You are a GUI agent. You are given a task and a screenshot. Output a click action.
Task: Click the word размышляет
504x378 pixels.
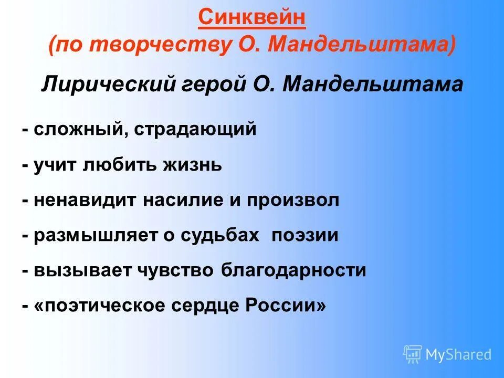pyautogui.click(x=94, y=235)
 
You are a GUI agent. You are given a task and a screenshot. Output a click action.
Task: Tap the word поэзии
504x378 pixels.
pyautogui.click(x=305, y=235)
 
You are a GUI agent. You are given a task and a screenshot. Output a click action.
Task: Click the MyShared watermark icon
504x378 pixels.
pyautogui.click(x=413, y=354)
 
